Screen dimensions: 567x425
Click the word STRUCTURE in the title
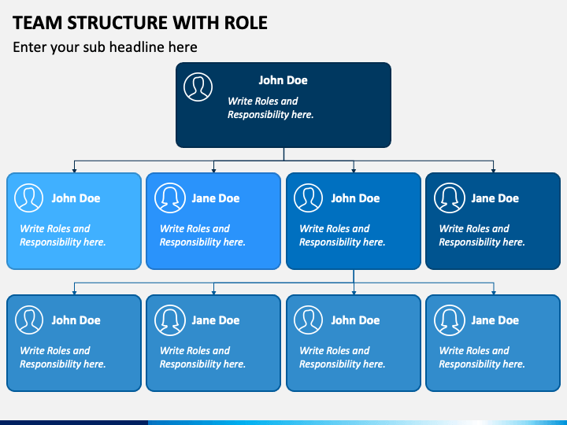click(117, 23)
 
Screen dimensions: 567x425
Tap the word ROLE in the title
click(246, 23)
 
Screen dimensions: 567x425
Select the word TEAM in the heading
click(38, 23)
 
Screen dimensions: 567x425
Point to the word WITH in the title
click(195, 23)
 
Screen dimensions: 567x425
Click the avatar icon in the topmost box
click(198, 87)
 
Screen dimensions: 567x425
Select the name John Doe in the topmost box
click(283, 80)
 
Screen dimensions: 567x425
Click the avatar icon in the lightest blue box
click(28, 198)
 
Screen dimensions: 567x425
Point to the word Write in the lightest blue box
click(31, 228)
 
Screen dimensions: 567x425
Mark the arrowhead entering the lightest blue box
click(74, 170)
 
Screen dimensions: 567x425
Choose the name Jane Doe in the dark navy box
click(495, 198)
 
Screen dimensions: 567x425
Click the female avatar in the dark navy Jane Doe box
click(450, 198)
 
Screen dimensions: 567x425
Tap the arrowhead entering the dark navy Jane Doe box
click(493, 170)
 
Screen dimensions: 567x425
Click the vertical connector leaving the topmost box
click(283, 154)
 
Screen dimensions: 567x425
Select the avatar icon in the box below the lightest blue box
click(29, 320)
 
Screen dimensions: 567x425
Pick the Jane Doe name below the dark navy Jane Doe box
click(495, 320)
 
